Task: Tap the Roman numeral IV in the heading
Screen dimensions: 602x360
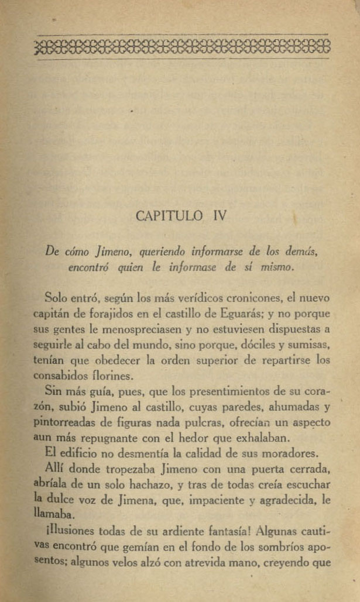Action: [x=216, y=216]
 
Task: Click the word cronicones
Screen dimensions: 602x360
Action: [x=242, y=298]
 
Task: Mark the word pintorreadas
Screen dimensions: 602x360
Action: [x=62, y=422]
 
